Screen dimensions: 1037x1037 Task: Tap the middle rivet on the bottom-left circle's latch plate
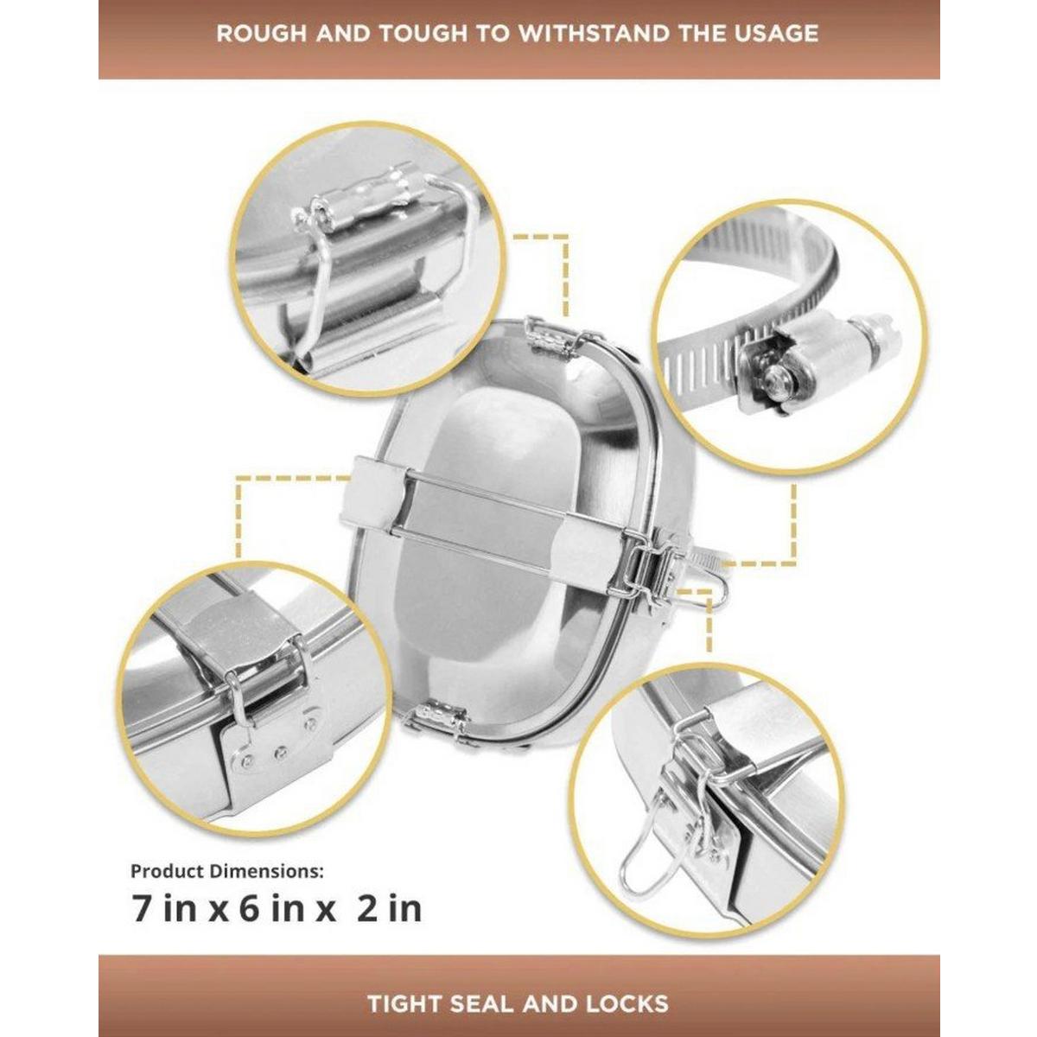[x=279, y=754]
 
